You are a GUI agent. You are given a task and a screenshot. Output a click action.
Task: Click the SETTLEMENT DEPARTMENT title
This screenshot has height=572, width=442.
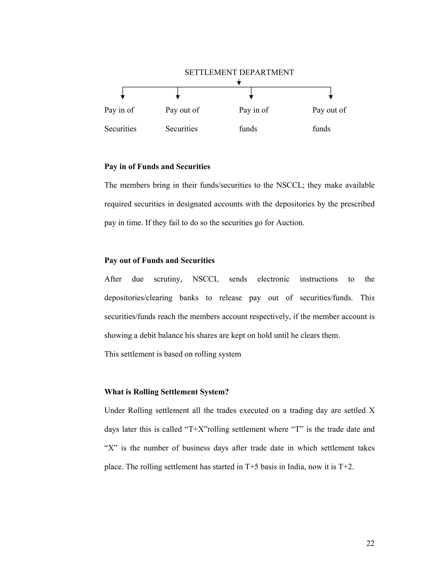[239, 72]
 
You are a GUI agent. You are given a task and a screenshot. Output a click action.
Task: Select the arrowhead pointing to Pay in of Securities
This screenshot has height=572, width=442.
[123, 97]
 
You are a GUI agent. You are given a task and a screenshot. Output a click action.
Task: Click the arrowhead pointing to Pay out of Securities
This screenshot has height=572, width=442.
[178, 97]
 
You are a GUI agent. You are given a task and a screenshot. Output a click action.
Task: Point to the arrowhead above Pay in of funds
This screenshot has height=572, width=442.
[251, 97]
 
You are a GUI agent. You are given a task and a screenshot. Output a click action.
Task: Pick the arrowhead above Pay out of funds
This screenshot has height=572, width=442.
[331, 97]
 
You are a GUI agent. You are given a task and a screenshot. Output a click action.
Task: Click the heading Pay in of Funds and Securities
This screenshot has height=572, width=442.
[157, 167]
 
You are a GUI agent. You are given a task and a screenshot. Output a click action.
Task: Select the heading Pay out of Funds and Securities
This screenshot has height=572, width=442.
[159, 260]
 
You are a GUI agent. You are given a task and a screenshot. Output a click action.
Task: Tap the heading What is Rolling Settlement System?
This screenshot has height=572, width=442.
[167, 392]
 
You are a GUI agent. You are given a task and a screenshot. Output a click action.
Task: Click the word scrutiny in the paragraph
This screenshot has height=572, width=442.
[168, 279]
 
